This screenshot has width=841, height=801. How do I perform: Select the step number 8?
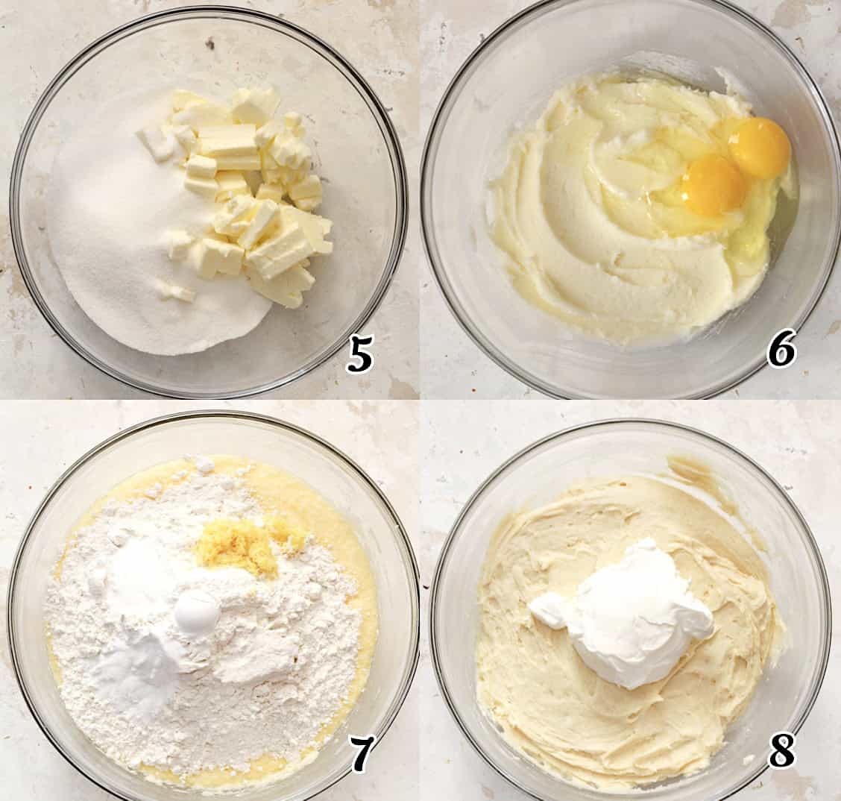pyautogui.click(x=781, y=751)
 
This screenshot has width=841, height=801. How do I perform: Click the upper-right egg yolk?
pyautogui.click(x=759, y=147)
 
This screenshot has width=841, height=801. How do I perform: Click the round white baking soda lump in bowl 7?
pyautogui.click(x=197, y=613)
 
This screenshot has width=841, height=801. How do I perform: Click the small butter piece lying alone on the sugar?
pyautogui.click(x=176, y=292)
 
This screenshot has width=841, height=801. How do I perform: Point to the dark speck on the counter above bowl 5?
pyautogui.click(x=210, y=45)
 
